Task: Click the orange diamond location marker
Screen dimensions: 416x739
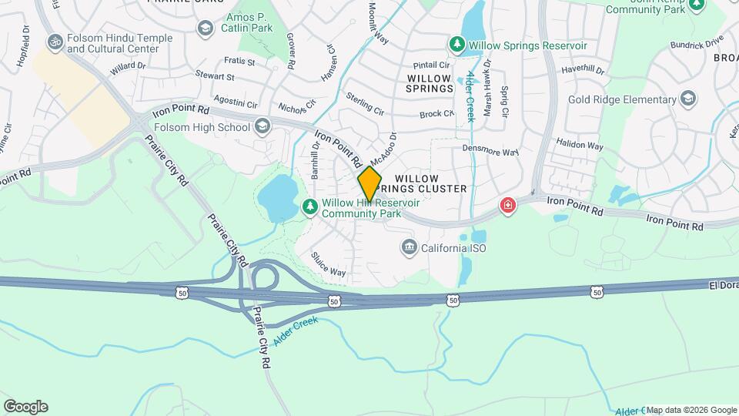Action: pyautogui.click(x=369, y=184)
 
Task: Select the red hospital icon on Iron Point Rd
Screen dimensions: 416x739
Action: pyautogui.click(x=508, y=205)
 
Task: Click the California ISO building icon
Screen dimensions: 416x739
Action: pyautogui.click(x=409, y=247)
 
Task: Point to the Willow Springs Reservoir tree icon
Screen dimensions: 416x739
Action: pyautogui.click(x=456, y=45)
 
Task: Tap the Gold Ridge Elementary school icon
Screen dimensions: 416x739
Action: pyautogui.click(x=687, y=99)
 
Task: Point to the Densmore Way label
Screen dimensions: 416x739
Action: pyautogui.click(x=490, y=151)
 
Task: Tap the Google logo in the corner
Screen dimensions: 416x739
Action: pyautogui.click(x=25, y=407)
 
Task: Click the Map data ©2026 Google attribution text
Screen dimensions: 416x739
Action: pyautogui.click(x=691, y=410)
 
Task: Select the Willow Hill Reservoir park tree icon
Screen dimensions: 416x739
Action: pyautogui.click(x=310, y=206)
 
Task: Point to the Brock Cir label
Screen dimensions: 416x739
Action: pyautogui.click(x=437, y=114)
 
